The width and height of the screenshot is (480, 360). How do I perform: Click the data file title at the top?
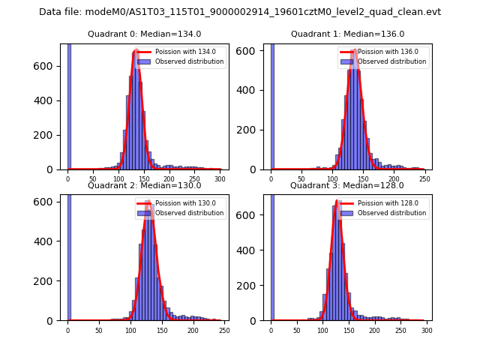tap(240, 12)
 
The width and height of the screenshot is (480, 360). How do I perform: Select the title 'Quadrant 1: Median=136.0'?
tap(347, 34)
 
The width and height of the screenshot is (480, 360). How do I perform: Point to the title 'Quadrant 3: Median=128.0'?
tap(347, 185)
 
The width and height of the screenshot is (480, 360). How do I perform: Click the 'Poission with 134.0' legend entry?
tap(181, 52)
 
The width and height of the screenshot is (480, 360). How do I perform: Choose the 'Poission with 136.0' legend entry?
tap(384, 52)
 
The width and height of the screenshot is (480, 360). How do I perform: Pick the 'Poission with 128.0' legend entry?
tap(384, 203)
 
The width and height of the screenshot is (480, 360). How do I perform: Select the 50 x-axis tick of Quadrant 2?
tap(99, 331)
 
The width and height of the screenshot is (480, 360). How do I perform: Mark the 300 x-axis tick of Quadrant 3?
tap(426, 331)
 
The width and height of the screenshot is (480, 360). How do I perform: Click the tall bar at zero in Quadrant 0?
tap(69, 105)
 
